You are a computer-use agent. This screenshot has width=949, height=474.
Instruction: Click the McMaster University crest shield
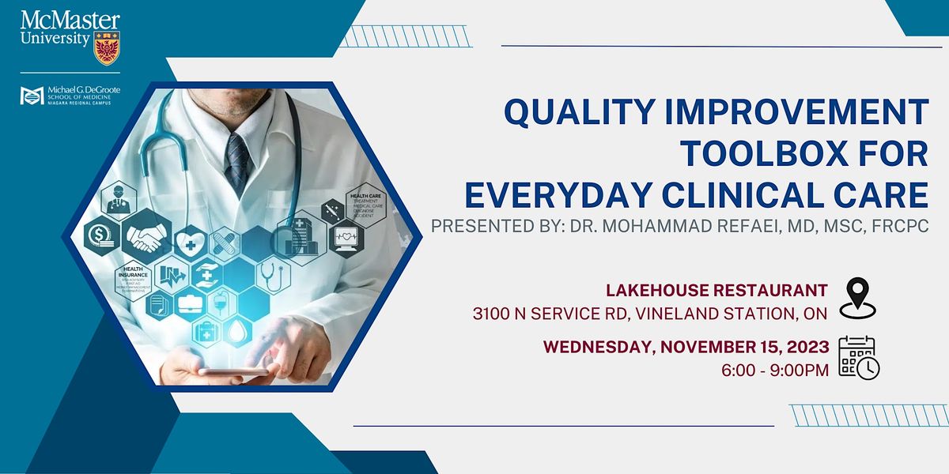(106, 48)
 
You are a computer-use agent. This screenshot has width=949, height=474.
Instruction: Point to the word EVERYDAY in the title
(570, 194)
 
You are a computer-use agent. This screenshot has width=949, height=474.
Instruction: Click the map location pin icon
(860, 297)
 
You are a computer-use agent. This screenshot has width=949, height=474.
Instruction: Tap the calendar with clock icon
(859, 358)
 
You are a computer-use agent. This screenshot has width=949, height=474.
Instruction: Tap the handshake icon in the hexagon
(146, 235)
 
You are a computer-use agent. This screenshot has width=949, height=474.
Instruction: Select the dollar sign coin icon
(101, 235)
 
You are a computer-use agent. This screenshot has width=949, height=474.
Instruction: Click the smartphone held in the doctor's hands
(233, 371)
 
